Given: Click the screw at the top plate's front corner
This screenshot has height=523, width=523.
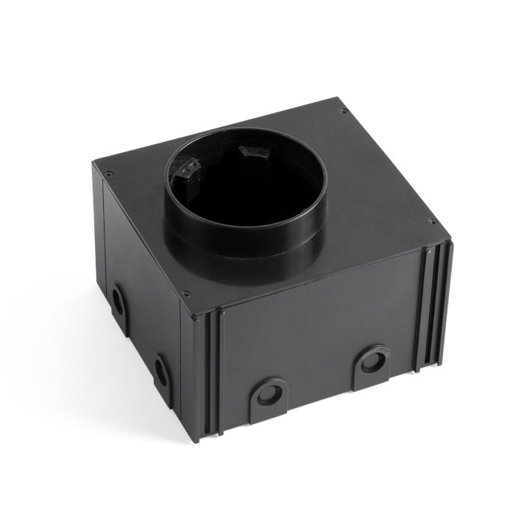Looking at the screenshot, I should coord(186,294).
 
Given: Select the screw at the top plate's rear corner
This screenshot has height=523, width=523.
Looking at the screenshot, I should coord(343,112).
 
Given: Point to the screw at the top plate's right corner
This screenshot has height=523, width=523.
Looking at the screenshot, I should coord(431,221).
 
